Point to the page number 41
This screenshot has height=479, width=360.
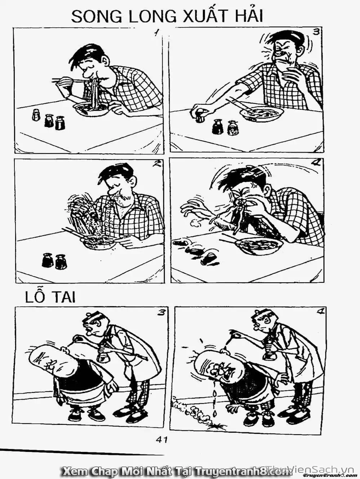pyautogui.click(x=161, y=439)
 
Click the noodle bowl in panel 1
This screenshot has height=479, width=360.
pyautogui.click(x=92, y=109)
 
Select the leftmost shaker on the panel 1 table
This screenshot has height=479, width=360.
pyautogui.click(x=36, y=115)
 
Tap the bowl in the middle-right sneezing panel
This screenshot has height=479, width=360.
pyautogui.click(x=258, y=246)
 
